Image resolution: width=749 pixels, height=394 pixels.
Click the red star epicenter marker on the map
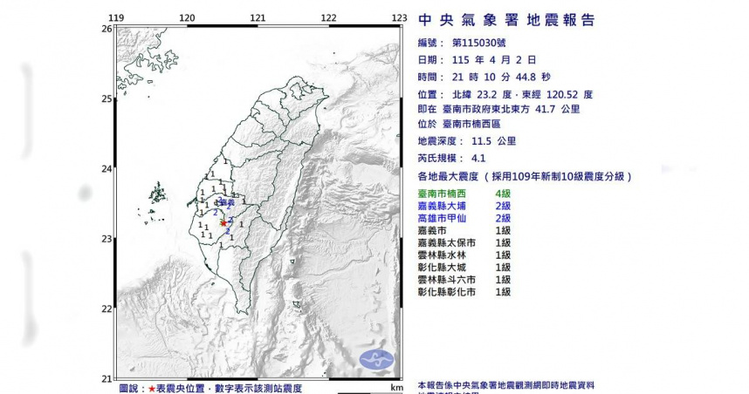223,223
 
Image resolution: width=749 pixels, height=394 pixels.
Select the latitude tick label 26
107,29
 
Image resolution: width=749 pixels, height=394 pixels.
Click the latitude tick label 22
107,309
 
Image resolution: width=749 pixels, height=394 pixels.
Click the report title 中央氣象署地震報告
506,19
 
